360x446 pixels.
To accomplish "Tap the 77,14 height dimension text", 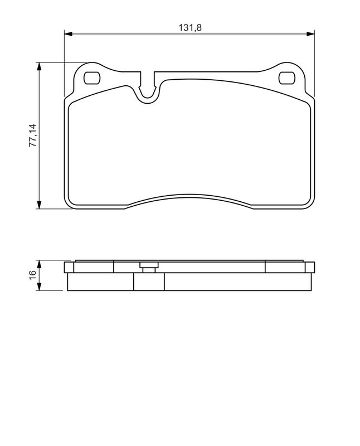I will (x=33, y=135).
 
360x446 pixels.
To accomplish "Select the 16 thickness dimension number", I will (x=33, y=274).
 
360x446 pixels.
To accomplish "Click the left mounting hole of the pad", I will (x=91, y=77).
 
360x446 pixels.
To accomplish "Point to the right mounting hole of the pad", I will (x=287, y=78).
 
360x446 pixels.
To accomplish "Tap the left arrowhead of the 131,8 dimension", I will (x=69, y=33).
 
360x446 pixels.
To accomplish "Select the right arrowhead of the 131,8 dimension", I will (x=311, y=33).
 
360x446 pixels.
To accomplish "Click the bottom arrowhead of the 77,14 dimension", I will (x=39, y=205).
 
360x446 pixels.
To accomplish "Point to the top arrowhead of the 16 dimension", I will (x=39, y=263).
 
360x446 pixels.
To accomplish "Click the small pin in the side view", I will (x=148, y=269).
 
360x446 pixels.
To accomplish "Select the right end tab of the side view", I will (x=310, y=267).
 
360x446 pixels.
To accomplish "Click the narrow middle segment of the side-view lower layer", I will (x=149, y=282).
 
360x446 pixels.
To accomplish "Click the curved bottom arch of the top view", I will (x=189, y=196).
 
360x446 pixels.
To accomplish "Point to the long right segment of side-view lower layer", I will (x=237, y=282).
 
